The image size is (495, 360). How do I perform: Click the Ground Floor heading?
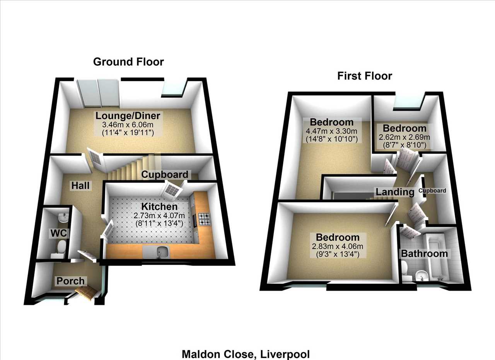128,62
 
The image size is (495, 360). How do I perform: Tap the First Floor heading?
365,76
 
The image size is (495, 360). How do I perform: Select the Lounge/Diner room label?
128,116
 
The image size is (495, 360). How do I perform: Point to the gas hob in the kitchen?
205,219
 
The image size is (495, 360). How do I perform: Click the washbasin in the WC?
63,217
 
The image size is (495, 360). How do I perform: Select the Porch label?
70,281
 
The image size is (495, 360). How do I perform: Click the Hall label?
80,186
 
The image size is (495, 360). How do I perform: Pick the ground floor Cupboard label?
165,174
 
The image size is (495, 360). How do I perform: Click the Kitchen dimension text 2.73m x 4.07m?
159,215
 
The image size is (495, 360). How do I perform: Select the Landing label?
395,192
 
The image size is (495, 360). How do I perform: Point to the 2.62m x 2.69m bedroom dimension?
405,137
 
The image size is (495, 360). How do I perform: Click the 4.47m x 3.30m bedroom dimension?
331,131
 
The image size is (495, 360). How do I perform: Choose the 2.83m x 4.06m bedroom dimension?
338,246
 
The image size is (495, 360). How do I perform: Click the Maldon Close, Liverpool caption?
246,354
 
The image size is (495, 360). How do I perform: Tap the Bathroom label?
424,254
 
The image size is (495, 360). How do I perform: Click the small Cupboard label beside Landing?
432,191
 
